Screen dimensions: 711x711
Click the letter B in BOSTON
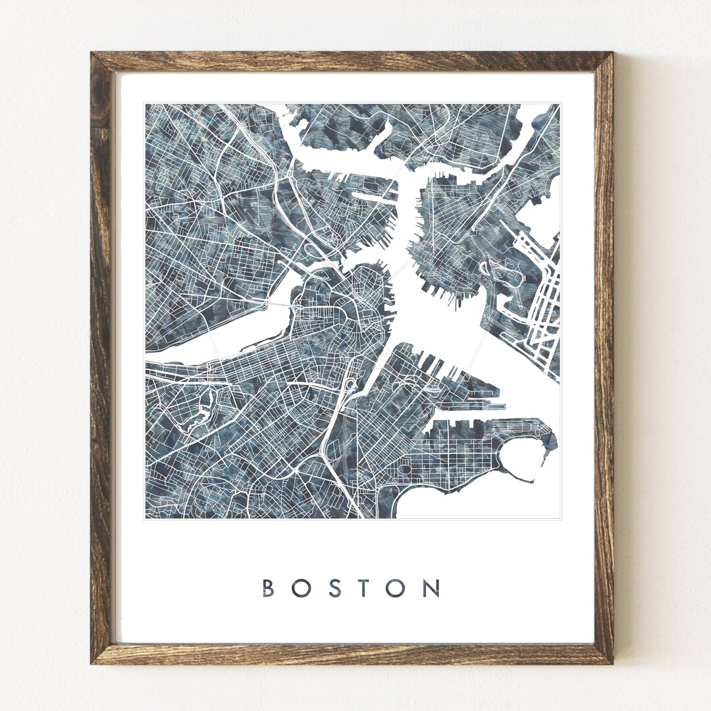point(269,588)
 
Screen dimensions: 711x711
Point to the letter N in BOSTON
point(432,588)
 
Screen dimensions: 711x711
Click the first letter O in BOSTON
point(300,588)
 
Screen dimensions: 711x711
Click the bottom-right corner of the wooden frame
point(612,662)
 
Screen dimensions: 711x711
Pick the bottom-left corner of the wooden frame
point(92,662)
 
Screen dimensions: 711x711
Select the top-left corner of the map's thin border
point(144,103)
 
